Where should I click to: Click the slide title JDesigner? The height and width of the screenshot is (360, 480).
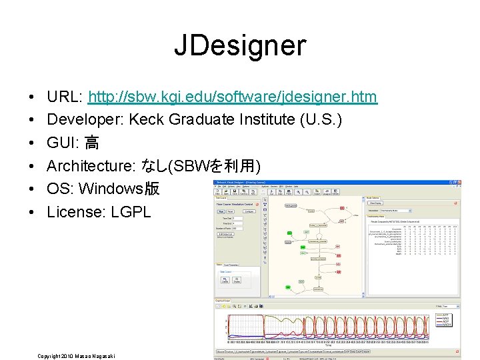(240, 45)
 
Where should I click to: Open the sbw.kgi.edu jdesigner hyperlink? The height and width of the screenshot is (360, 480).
(233, 97)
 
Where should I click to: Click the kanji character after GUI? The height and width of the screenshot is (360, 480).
(92, 143)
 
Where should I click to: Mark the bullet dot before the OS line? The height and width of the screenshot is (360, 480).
(33, 189)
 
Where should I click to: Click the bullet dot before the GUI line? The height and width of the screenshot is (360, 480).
(33, 143)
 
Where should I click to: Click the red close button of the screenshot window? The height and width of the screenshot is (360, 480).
(459, 182)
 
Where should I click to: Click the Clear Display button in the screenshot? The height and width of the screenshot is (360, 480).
(375, 203)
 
